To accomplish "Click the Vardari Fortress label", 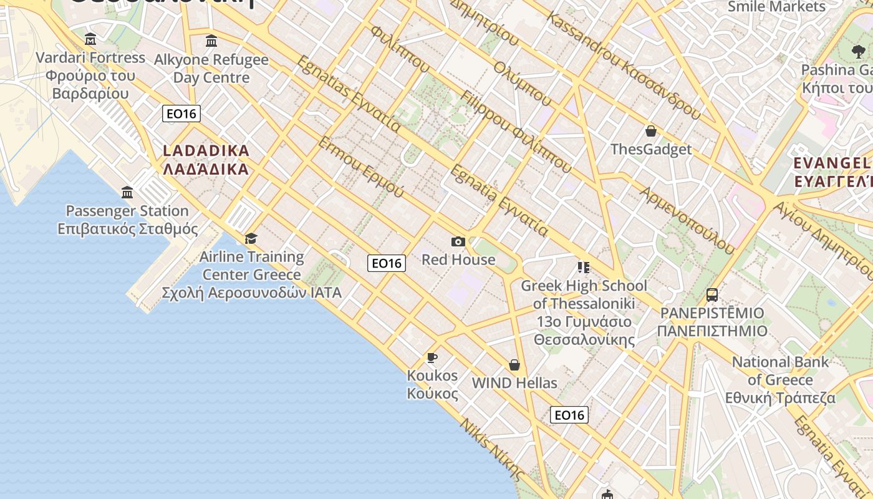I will pyautogui.click(x=90, y=58).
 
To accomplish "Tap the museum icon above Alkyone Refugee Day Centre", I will pyautogui.click(x=211, y=41).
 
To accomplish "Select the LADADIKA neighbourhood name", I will pyautogui.click(x=206, y=151).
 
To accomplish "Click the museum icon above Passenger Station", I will pyautogui.click(x=127, y=192).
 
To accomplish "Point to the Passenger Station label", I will pyautogui.click(x=127, y=211).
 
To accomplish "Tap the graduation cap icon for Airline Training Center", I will pyautogui.click(x=251, y=238).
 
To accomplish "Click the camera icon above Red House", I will pyautogui.click(x=458, y=241).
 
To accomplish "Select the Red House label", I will pyautogui.click(x=458, y=259).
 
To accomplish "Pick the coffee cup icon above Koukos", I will pyautogui.click(x=432, y=357).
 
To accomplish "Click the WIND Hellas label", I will pyautogui.click(x=514, y=383).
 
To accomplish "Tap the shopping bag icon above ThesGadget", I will pyautogui.click(x=651, y=131).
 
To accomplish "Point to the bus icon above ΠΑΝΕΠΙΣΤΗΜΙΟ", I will pyautogui.click(x=712, y=294).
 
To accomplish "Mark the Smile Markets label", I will pyautogui.click(x=776, y=7).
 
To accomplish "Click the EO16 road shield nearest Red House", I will pyautogui.click(x=387, y=263).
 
